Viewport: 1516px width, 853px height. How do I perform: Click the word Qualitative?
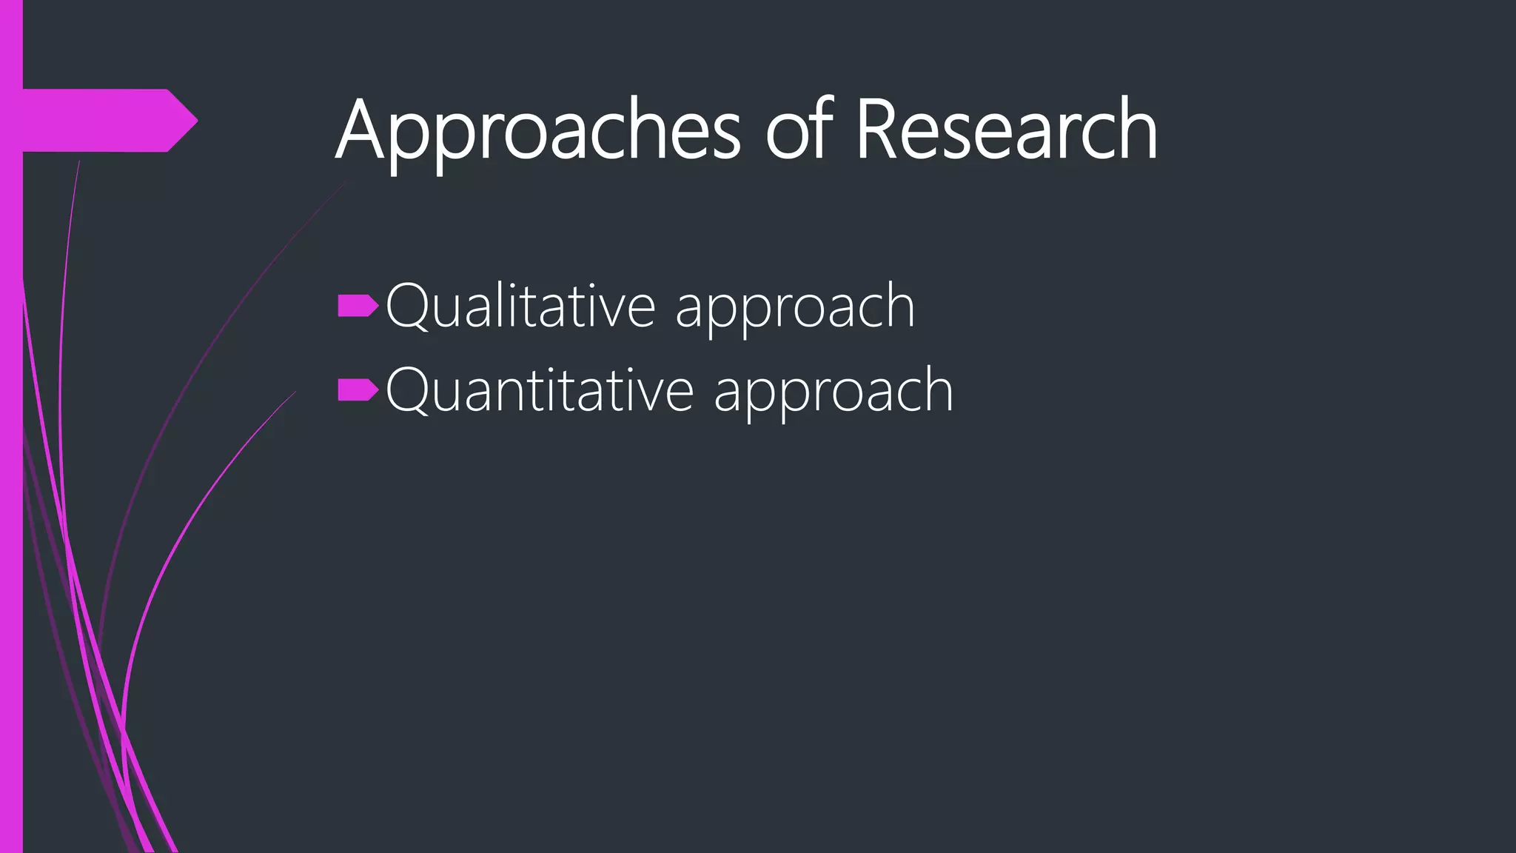[x=520, y=307]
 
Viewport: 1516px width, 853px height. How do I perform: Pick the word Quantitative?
[x=539, y=391]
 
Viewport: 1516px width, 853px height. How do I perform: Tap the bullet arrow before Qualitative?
[x=358, y=306]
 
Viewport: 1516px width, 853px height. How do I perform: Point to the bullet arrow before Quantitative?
[x=358, y=390]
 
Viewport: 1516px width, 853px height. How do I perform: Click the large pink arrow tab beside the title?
[x=104, y=120]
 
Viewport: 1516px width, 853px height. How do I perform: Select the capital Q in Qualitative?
[x=407, y=307]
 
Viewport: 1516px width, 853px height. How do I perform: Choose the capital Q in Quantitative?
[x=407, y=391]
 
